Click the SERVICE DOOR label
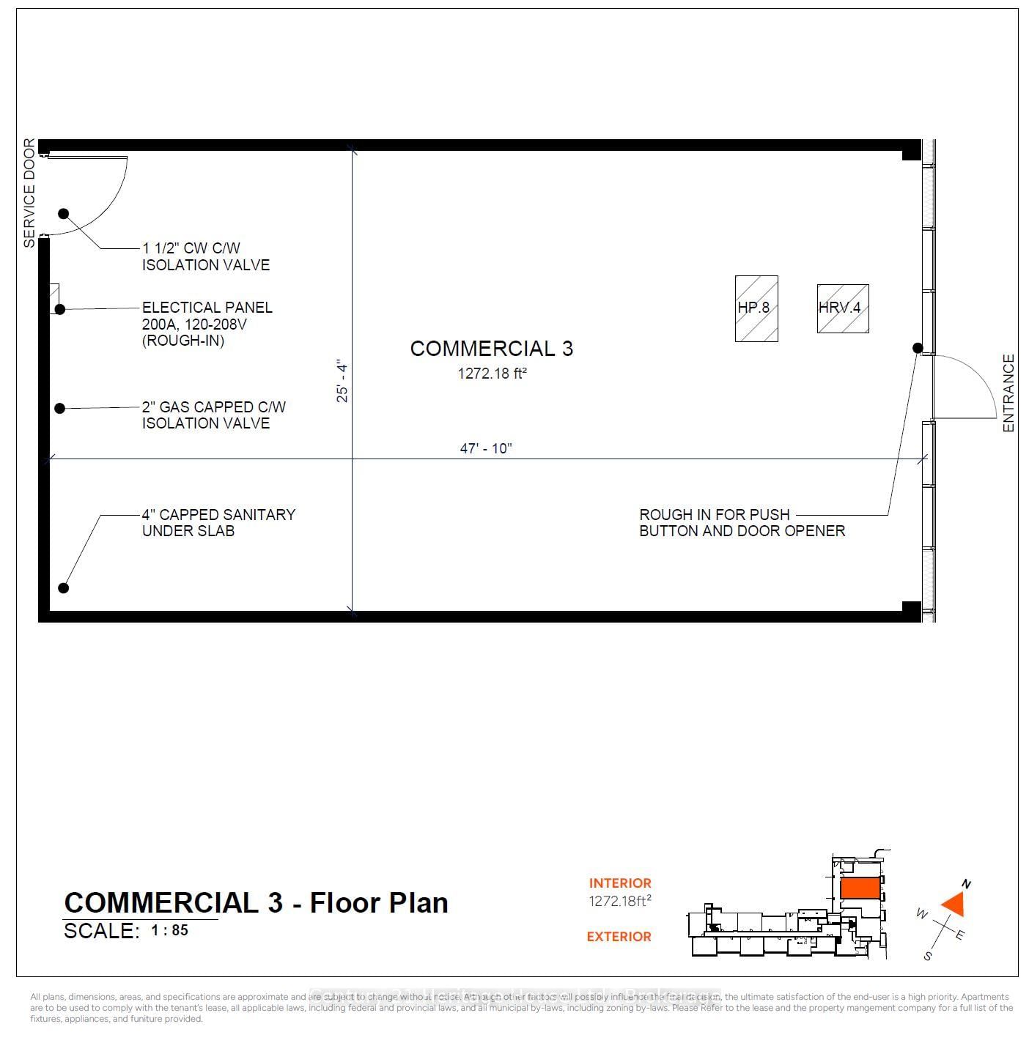(x=29, y=193)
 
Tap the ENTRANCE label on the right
(x=1008, y=393)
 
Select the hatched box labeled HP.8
(x=756, y=308)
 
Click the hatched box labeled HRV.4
(x=842, y=308)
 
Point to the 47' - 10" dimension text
(x=485, y=448)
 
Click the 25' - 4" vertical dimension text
(x=342, y=381)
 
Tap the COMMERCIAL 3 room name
(x=491, y=349)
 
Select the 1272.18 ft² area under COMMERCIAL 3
(x=492, y=374)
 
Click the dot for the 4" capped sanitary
(x=64, y=587)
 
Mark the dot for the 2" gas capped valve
(x=60, y=408)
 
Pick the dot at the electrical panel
(x=60, y=309)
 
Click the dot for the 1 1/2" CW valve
(x=64, y=214)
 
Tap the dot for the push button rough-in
(x=917, y=348)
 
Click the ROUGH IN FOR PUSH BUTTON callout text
(x=741, y=523)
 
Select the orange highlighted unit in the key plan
(x=860, y=888)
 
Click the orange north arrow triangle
(x=954, y=905)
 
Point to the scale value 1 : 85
(x=169, y=930)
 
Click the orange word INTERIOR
(x=619, y=883)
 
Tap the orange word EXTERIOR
(x=619, y=936)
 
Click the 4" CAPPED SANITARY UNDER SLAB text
(x=218, y=523)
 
